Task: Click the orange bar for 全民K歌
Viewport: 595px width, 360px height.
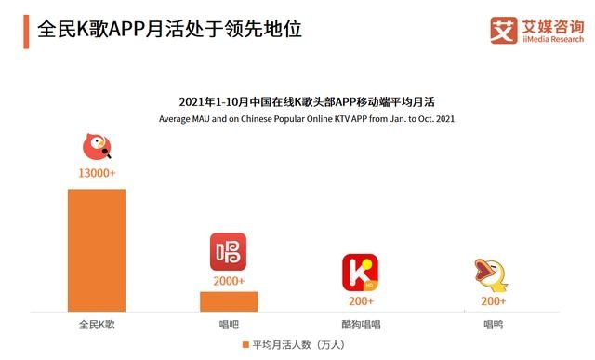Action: point(96,249)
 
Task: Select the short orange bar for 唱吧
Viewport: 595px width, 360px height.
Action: point(229,300)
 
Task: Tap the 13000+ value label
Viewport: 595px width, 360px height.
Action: point(97,173)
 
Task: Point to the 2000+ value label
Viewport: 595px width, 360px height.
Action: point(229,280)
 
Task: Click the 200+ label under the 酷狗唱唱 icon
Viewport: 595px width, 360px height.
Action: point(361,300)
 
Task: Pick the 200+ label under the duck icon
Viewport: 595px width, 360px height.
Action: point(493,300)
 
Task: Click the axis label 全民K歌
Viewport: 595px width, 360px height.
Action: point(97,324)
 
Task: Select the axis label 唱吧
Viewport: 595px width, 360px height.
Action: point(229,324)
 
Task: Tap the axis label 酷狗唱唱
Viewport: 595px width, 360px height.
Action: point(360,324)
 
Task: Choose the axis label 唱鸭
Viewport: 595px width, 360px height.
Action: point(493,324)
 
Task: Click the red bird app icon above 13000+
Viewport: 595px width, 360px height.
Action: point(97,147)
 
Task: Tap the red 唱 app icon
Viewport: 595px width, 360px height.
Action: point(229,251)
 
